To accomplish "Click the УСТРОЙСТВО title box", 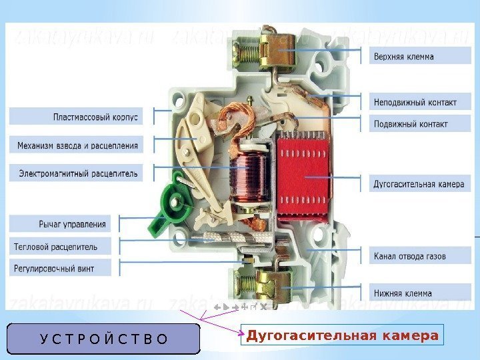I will click(x=104, y=338).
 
